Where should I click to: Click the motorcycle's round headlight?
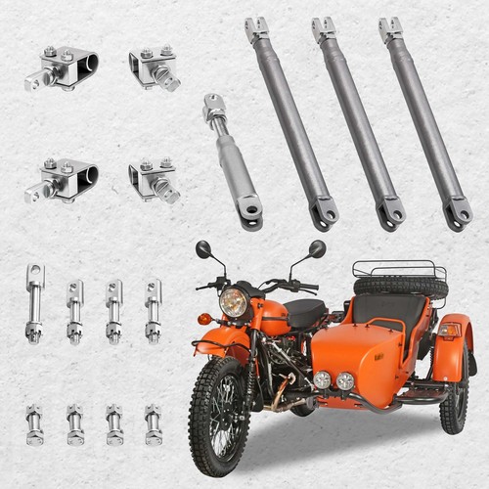[x=234, y=301]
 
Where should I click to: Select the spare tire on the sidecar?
[x=400, y=287]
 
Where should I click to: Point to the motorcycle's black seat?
[x=305, y=313]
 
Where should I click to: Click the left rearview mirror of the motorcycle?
[x=202, y=249]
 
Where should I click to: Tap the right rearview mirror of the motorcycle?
[x=317, y=248]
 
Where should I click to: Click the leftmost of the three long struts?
[x=291, y=122]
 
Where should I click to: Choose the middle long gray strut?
[x=358, y=122]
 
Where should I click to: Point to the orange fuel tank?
[x=270, y=315]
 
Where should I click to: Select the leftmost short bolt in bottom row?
[x=35, y=424]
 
